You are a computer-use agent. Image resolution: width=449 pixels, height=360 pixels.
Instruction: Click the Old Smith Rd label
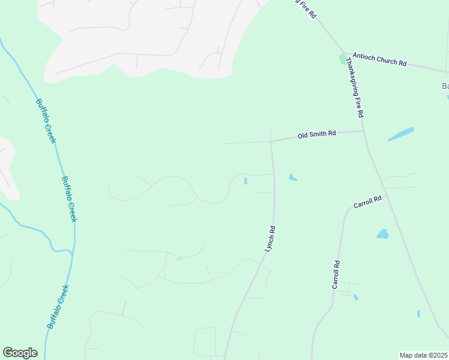(316, 135)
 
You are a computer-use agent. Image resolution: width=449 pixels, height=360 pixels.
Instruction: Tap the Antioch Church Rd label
(379, 59)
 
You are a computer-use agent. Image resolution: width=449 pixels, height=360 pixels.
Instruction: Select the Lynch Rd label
(270, 238)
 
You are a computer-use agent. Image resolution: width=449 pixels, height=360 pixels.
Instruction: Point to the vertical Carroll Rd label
(337, 275)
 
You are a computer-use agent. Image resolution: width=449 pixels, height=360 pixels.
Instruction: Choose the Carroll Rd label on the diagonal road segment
(367, 202)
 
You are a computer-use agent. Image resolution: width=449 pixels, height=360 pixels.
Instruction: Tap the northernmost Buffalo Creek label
(46, 120)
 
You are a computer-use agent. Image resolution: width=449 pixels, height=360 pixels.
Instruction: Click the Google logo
(20, 353)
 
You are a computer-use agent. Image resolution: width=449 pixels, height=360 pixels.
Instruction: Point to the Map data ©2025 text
(423, 355)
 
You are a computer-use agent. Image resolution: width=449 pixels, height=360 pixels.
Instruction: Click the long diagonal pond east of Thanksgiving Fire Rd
(400, 134)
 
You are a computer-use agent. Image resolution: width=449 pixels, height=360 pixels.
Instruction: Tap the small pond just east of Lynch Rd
(292, 177)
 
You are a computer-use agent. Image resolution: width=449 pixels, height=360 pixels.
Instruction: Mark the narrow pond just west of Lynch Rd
(246, 181)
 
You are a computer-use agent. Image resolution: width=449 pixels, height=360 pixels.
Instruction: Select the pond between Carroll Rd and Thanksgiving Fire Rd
(382, 233)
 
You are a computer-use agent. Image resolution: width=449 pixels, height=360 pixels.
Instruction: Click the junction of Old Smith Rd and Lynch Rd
(271, 142)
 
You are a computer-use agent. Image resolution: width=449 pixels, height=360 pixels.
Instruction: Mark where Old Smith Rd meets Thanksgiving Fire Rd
(363, 131)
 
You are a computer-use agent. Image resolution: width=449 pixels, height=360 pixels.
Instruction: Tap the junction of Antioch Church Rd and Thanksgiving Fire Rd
(345, 53)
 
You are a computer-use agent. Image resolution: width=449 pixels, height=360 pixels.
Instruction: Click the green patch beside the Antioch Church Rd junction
(342, 59)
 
